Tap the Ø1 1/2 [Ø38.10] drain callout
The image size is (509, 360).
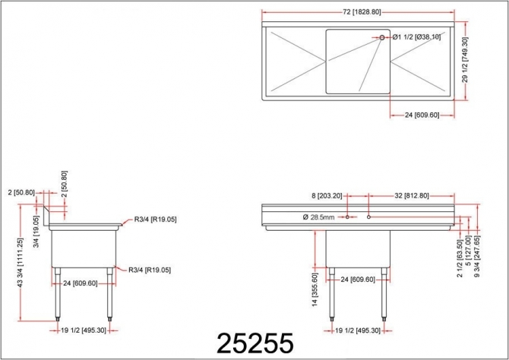click(416, 36)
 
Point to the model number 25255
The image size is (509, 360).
click(254, 343)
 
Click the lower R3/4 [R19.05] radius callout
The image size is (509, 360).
click(149, 270)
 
